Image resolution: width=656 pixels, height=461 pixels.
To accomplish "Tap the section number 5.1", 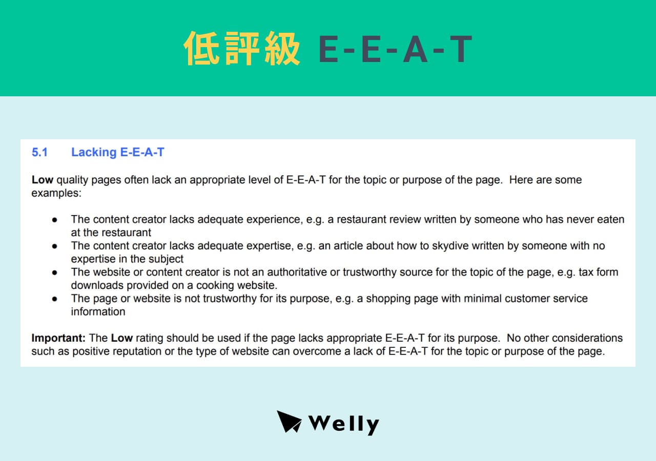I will tap(39, 152).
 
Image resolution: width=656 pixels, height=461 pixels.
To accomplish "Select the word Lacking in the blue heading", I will tap(94, 152).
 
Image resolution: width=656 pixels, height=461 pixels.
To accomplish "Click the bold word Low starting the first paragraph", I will tap(43, 180).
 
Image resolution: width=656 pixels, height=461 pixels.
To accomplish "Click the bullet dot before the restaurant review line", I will tap(54, 220).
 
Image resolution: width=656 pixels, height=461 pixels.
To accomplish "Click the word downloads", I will tap(96, 285).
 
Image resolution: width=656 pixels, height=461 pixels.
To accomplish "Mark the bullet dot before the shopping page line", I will tap(54, 299).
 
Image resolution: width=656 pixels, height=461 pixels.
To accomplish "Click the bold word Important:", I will tap(58, 338).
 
